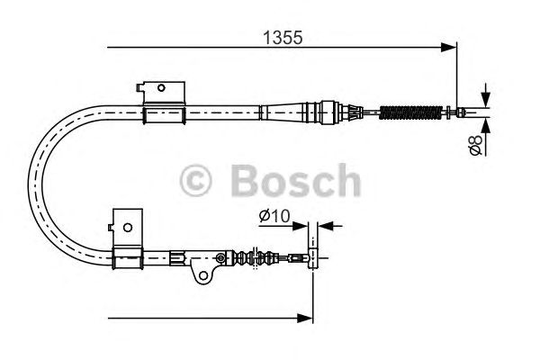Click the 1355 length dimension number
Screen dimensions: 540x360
coord(283,38)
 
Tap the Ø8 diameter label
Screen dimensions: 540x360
coord(476,145)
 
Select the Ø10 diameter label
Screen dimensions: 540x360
coord(274,216)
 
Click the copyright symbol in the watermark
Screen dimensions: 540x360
coord(195,180)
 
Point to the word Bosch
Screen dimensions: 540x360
coord(296,180)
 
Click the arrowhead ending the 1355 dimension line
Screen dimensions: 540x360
coord(449,47)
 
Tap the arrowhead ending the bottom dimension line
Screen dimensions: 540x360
coord(305,319)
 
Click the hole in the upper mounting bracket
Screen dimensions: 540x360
coord(161,88)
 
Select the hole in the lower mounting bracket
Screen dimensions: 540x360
coord(128,228)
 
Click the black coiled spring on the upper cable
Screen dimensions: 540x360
coord(410,112)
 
